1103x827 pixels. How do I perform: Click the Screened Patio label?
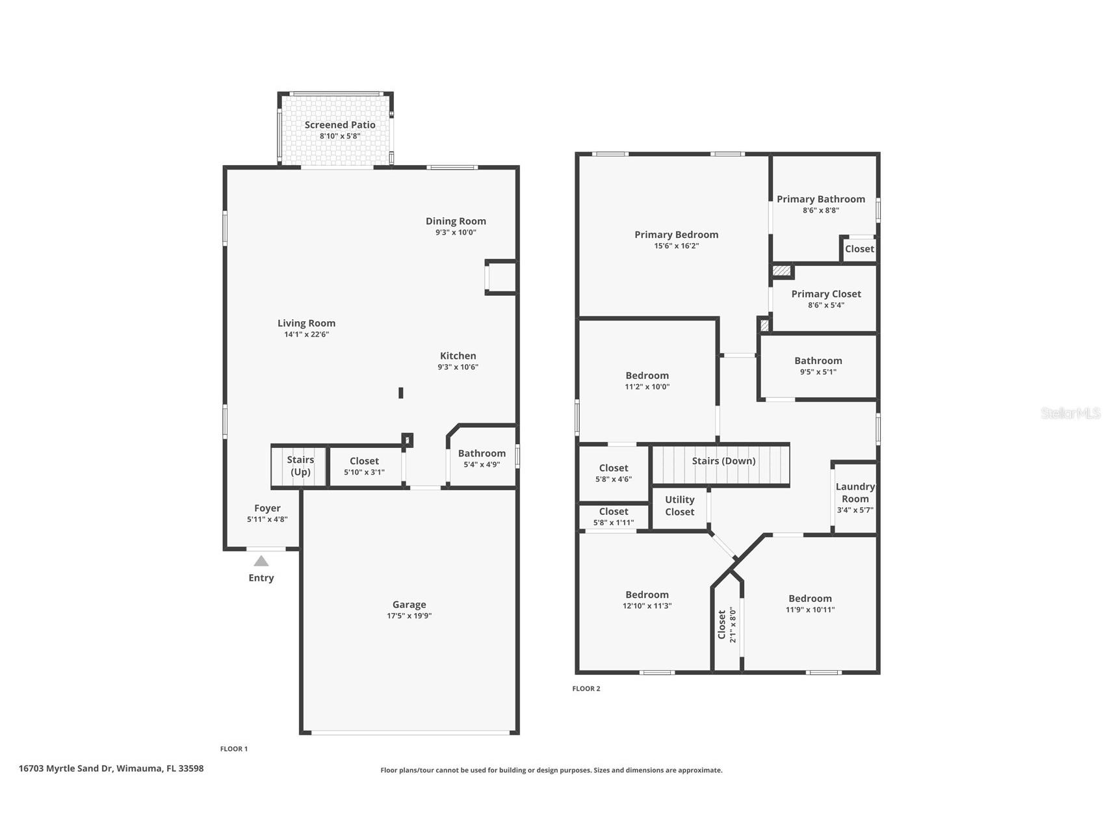coord(340,125)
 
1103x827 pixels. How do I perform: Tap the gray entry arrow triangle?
coord(261,561)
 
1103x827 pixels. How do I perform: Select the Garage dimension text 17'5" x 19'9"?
coord(409,616)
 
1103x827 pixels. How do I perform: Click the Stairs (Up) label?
coord(300,466)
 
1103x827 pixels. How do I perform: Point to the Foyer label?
coord(267,508)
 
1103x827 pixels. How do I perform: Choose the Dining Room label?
coord(456,221)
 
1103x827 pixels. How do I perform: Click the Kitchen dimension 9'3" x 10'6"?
coord(458,367)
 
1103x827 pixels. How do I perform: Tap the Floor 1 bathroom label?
coord(482,453)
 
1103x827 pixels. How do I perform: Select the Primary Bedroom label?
coord(676,235)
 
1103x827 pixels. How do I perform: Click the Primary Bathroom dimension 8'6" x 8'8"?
coord(820,210)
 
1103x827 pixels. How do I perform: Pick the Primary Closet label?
coord(825,294)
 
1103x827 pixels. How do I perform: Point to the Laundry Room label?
coord(855,492)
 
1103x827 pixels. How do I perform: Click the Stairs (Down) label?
coord(723,461)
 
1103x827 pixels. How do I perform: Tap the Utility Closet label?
coord(679,505)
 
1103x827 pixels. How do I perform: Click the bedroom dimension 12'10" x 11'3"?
coord(647,605)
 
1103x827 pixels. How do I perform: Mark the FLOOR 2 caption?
coord(586,689)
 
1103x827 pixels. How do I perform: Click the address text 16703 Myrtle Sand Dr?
coord(66,768)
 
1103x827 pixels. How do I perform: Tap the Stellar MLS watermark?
coord(1070,413)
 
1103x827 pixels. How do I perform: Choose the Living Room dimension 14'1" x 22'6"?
coord(306,334)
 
